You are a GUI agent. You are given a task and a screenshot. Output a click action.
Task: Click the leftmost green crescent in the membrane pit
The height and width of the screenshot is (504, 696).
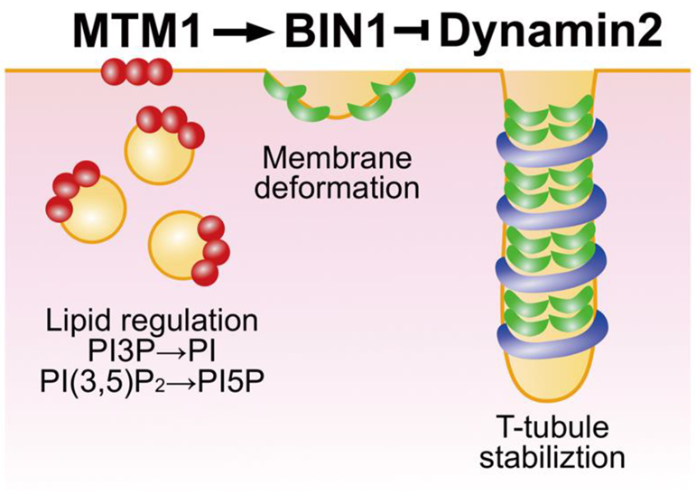point(274,88)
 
